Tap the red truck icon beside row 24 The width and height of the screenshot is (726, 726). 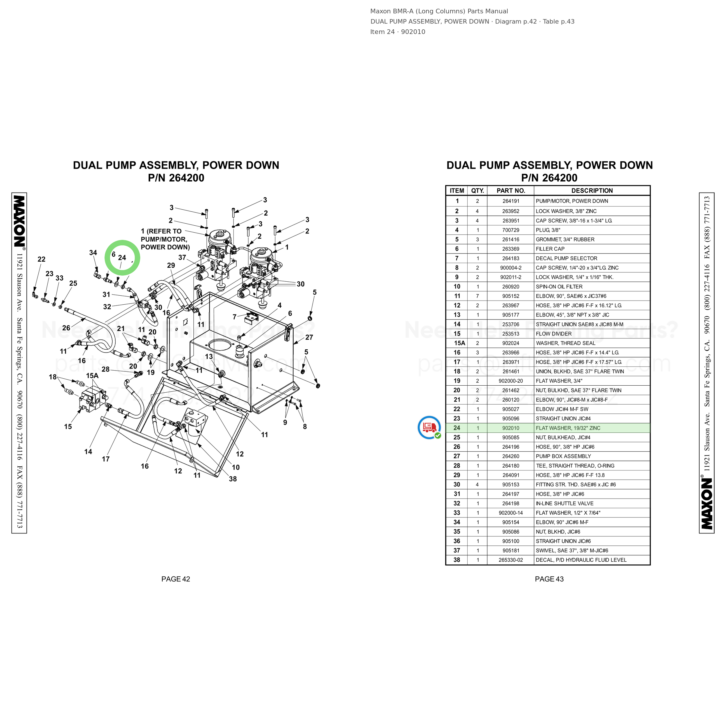point(429,427)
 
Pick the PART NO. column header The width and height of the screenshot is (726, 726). point(511,191)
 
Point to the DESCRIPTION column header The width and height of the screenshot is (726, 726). point(592,191)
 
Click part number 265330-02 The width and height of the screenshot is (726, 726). point(511,560)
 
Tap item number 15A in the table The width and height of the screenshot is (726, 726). point(460,343)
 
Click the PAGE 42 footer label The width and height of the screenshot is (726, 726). point(176,579)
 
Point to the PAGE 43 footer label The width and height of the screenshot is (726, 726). point(549,579)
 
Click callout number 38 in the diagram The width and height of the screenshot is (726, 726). point(233,479)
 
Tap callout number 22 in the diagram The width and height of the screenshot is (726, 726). point(41,259)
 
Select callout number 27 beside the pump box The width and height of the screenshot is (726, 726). point(309,337)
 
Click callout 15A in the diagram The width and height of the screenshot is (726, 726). point(92,376)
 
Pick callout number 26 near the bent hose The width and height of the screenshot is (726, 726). point(66,328)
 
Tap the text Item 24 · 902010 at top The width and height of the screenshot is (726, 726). point(398,32)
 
